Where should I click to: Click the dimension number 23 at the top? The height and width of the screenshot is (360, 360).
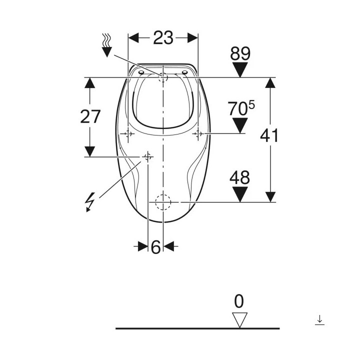pyautogui.click(x=163, y=38)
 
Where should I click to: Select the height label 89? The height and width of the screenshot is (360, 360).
pyautogui.click(x=240, y=53)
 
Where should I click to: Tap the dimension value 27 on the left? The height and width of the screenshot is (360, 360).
pyautogui.click(x=90, y=116)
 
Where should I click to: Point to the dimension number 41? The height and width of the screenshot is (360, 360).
pyautogui.click(x=269, y=135)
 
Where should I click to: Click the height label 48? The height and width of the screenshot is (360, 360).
pyautogui.click(x=239, y=177)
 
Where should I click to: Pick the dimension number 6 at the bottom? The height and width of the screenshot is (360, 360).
pyautogui.click(x=155, y=247)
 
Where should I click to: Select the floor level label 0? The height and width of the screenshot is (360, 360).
pyautogui.click(x=239, y=301)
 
